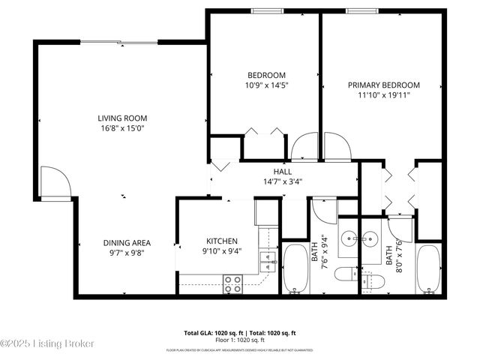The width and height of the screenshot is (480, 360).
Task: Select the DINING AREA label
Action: click(127, 242)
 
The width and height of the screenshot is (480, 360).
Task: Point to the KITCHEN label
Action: click(222, 241)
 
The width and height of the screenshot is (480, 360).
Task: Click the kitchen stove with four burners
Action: click(233, 283)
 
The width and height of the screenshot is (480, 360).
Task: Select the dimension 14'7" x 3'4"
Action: click(282, 181)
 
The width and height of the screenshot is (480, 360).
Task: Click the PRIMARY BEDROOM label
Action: click(383, 85)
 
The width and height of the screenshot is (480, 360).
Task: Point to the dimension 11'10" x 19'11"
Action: click(383, 95)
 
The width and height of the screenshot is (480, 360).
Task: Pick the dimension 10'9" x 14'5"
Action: click(267, 85)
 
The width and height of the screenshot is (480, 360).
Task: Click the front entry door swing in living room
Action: click(55, 180)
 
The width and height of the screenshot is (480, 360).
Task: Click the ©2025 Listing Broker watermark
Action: click(47, 343)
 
